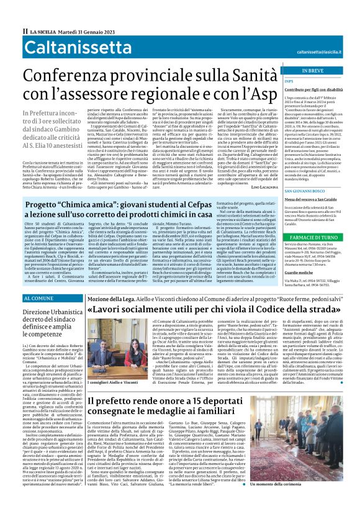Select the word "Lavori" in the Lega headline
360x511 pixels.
click(110, 310)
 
